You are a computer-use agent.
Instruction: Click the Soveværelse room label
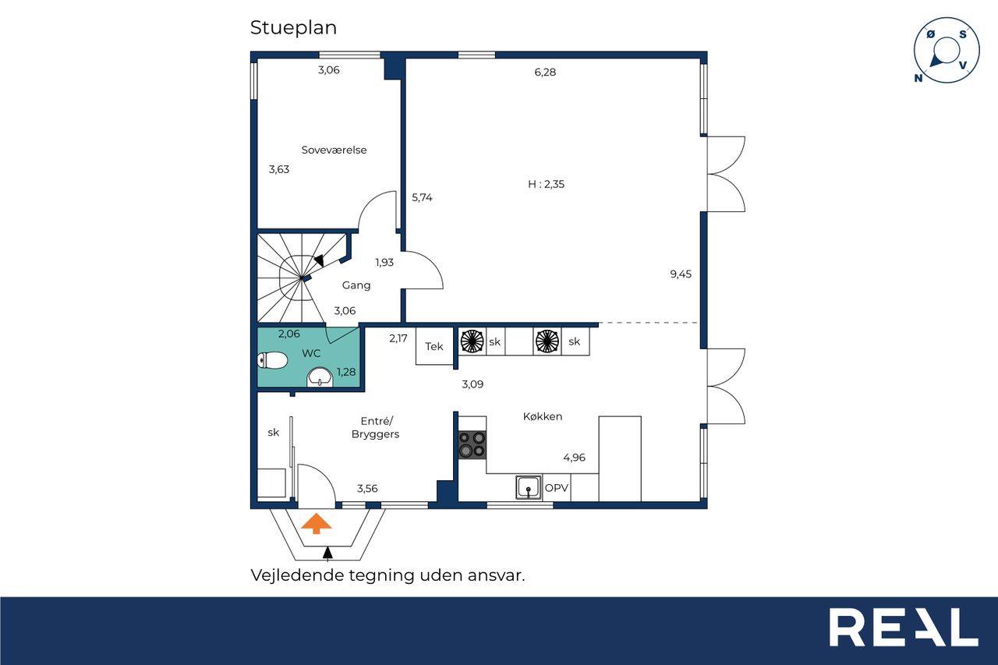pyautogui.click(x=334, y=150)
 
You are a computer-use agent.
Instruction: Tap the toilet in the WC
pyautogui.click(x=272, y=360)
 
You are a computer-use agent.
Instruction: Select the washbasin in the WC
pyautogui.click(x=320, y=377)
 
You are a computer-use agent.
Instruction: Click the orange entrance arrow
pyautogui.click(x=316, y=523)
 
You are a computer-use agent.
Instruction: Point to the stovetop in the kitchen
pyautogui.click(x=472, y=444)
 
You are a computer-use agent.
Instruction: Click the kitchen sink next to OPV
pyautogui.click(x=529, y=486)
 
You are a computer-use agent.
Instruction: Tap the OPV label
pyautogui.click(x=557, y=488)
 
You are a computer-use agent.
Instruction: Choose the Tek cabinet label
pyautogui.click(x=434, y=346)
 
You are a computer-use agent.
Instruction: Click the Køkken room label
pyautogui.click(x=542, y=416)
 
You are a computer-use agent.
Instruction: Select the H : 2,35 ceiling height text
pyautogui.click(x=546, y=184)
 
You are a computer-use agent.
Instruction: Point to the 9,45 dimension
pyautogui.click(x=681, y=274)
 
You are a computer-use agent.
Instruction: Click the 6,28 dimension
pyautogui.click(x=545, y=73)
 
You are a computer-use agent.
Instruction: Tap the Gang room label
pyautogui.click(x=356, y=285)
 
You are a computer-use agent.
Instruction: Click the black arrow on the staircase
pyautogui.click(x=319, y=260)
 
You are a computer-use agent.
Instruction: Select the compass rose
pyautogui.click(x=947, y=50)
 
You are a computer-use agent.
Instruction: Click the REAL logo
pyautogui.click(x=904, y=627)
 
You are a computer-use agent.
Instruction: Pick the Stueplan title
pyautogui.click(x=293, y=27)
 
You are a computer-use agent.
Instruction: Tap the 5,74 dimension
pyautogui.click(x=422, y=197)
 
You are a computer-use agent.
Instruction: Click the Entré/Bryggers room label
pyautogui.click(x=376, y=427)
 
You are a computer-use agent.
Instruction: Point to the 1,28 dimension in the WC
pyautogui.click(x=346, y=371)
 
